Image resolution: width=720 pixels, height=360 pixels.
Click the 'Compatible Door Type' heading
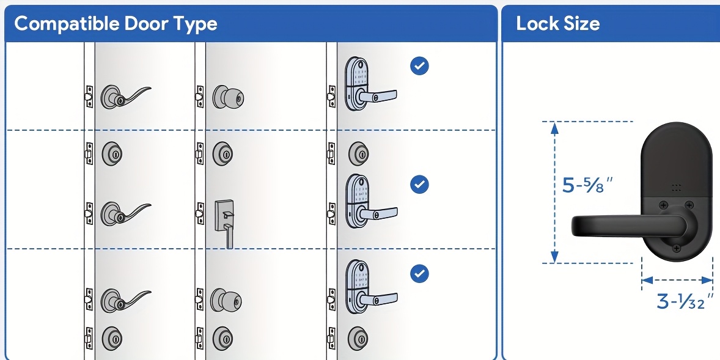pos(116,24)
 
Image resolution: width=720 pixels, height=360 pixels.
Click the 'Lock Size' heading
pos(557,24)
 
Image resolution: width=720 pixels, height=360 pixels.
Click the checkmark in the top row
pos(419,66)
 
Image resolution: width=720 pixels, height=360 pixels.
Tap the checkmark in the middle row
pos(419,184)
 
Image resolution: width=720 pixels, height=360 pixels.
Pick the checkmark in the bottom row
pos(419,273)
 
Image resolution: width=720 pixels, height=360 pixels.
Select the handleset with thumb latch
pos(224,221)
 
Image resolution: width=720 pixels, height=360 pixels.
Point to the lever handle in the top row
pos(125,96)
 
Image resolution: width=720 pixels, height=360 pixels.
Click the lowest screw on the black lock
pos(677,249)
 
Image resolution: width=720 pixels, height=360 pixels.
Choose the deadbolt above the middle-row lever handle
pos(112,153)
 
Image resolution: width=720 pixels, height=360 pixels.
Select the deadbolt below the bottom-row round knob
pos(222,337)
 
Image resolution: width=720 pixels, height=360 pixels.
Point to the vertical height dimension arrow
pos(554,193)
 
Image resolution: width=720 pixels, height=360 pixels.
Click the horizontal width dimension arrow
pos(677,280)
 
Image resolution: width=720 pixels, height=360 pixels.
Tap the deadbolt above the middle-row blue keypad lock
pos(358,153)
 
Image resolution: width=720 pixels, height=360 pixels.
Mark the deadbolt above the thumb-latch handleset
pos(222,153)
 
